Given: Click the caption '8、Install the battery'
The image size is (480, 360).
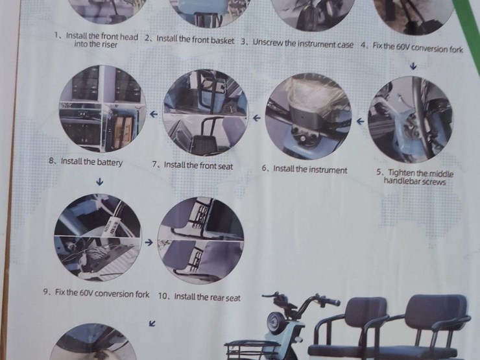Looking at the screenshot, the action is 86,162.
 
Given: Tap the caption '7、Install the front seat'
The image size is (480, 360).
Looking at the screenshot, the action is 193,165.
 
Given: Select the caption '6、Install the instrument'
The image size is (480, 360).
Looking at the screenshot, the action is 305,169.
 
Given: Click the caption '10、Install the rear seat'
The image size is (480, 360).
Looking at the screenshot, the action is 199,297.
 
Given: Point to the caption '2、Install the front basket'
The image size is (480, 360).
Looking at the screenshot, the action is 189,40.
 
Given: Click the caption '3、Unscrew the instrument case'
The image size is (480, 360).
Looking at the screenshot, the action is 297,43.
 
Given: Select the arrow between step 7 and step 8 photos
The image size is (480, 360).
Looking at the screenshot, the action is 154,114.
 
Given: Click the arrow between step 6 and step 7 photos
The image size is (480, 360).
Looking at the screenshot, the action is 256,117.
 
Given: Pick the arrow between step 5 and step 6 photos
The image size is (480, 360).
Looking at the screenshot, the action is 361,121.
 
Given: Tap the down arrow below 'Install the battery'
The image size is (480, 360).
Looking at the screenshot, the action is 99,182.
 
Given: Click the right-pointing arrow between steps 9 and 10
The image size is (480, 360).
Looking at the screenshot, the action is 149,243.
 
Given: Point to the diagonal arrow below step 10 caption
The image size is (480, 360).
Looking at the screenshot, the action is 152,323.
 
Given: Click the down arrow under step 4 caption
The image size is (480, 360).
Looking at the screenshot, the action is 413,66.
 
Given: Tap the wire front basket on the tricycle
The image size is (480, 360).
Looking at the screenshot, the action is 252,349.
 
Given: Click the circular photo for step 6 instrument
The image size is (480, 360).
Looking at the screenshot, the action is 309,117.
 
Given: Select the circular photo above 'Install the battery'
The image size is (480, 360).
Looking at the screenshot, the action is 102,109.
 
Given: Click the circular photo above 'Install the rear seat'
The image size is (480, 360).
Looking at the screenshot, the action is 200,241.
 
